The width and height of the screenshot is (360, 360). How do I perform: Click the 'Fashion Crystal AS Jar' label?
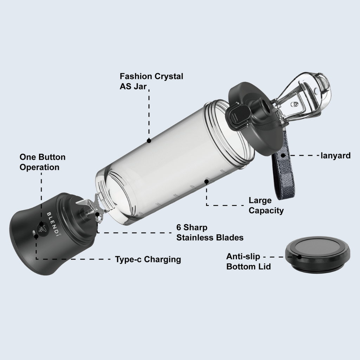[x=151, y=81]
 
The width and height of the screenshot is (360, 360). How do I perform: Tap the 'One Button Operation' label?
[x=42, y=162]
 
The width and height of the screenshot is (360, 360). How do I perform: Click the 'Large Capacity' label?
[x=266, y=205]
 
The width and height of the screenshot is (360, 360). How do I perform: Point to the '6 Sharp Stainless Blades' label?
[x=210, y=232]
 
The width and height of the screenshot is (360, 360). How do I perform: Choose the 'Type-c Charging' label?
[x=148, y=259]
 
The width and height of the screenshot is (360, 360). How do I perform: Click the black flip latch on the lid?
[x=237, y=116]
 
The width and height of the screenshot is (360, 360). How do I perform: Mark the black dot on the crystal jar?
[x=149, y=140]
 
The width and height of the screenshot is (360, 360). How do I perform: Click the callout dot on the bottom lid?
[x=299, y=257]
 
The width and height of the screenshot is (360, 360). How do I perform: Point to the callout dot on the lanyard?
[x=283, y=155]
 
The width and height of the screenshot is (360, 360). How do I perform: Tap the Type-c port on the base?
[x=34, y=232]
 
